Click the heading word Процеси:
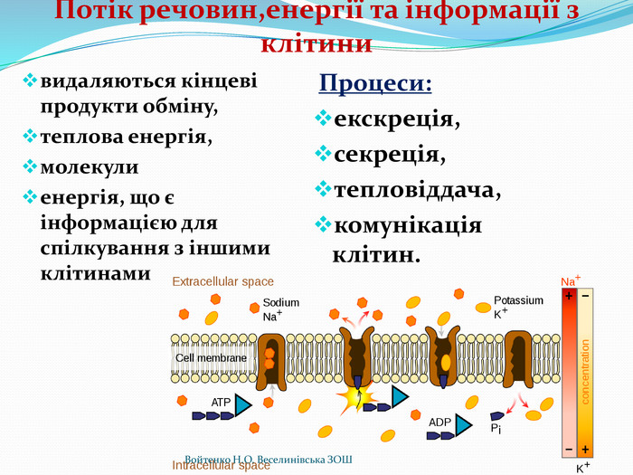374,83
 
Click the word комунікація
408,225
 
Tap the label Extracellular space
222,282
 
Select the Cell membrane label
211,358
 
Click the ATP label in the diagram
221,402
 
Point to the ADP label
439,422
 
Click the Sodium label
280,303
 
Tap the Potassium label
518,300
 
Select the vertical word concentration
585,371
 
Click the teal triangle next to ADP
462,423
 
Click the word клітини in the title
316,43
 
